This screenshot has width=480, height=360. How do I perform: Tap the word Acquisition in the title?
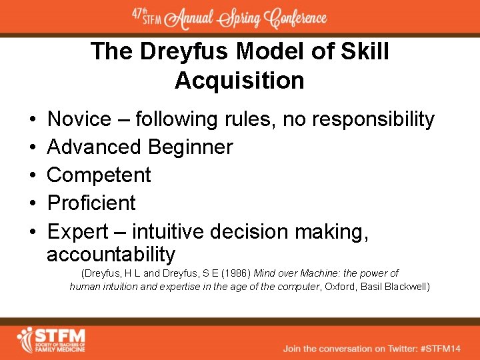coord(239,81)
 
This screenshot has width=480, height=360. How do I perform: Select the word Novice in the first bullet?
coord(79,120)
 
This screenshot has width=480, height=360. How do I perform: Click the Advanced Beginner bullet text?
coord(140,147)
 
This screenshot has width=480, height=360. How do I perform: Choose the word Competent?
coord(99,175)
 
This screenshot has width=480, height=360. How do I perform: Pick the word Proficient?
coord(91,203)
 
